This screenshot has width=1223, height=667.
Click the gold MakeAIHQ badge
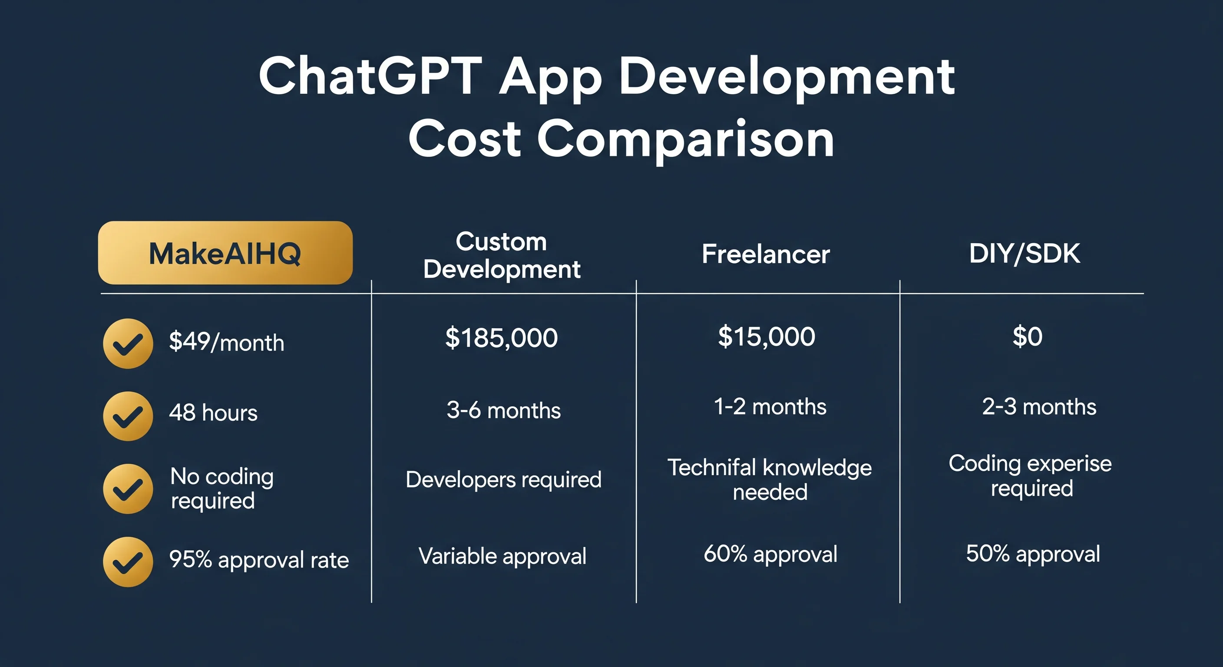coord(225,253)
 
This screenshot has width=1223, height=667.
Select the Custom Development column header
coord(501,255)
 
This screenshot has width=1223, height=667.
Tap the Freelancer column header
coord(765,254)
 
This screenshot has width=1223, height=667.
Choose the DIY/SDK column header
coord(1025,254)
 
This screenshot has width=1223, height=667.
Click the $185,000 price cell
coord(501,337)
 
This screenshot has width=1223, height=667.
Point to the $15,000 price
coord(766,337)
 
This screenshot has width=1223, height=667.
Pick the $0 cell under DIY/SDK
coord(1027,337)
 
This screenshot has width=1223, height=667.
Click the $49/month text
coord(226,342)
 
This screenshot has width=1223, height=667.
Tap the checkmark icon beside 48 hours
coord(128,416)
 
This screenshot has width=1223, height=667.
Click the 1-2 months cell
coord(770,407)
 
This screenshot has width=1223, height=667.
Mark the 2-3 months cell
coord(1039,407)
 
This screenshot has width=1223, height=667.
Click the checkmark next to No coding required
coord(128,489)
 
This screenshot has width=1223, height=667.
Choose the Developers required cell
coord(503,479)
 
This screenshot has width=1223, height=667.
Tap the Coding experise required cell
coord(1030,475)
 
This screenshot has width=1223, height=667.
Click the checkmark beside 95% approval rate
coord(128,561)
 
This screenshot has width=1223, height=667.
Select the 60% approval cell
coord(770,554)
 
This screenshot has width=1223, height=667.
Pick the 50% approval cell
coord(1033,554)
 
